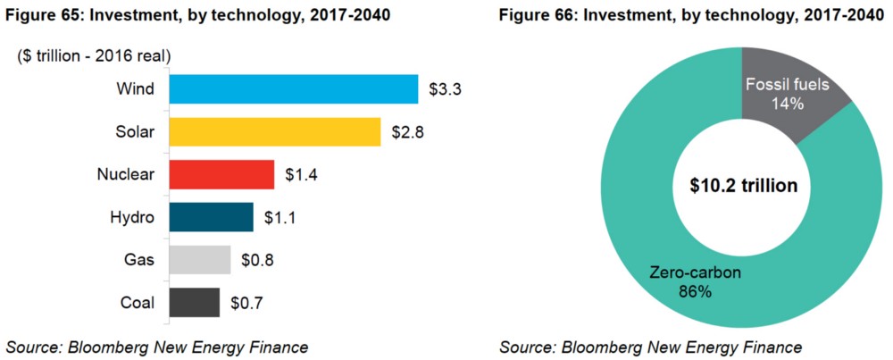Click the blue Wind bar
293,89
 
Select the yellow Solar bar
274,132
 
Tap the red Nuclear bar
221,174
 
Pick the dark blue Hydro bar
211,217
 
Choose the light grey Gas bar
199,260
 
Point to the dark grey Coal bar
194,303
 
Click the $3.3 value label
446,89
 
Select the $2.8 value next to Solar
408,132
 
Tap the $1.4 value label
302,175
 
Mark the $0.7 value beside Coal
246,303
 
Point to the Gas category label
140,260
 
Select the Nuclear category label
126,175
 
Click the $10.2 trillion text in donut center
743,186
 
